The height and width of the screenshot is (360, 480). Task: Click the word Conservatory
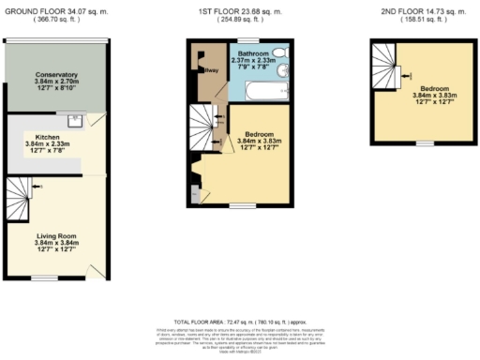56,75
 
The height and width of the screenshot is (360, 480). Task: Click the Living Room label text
58,237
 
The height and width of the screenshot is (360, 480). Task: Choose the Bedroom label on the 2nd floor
431,88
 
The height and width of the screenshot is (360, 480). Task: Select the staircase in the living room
20,198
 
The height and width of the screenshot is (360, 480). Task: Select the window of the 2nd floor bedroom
425,143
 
